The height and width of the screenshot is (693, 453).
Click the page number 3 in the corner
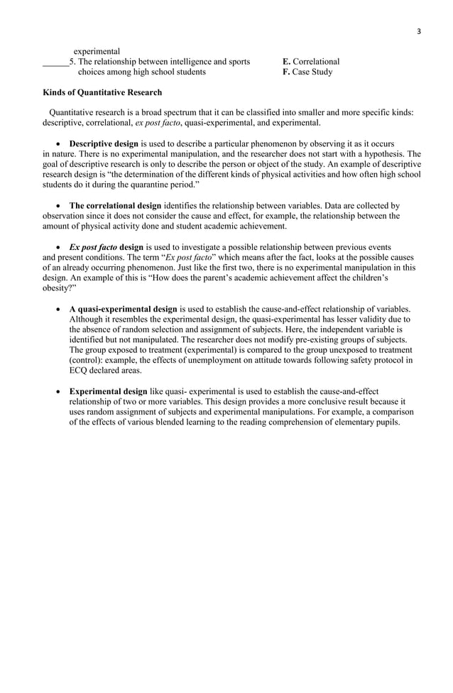(x=419, y=31)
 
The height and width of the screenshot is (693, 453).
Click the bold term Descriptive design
(x=104, y=144)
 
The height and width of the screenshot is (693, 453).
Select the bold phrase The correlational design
(x=115, y=206)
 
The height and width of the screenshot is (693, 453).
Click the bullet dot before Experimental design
(x=58, y=392)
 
